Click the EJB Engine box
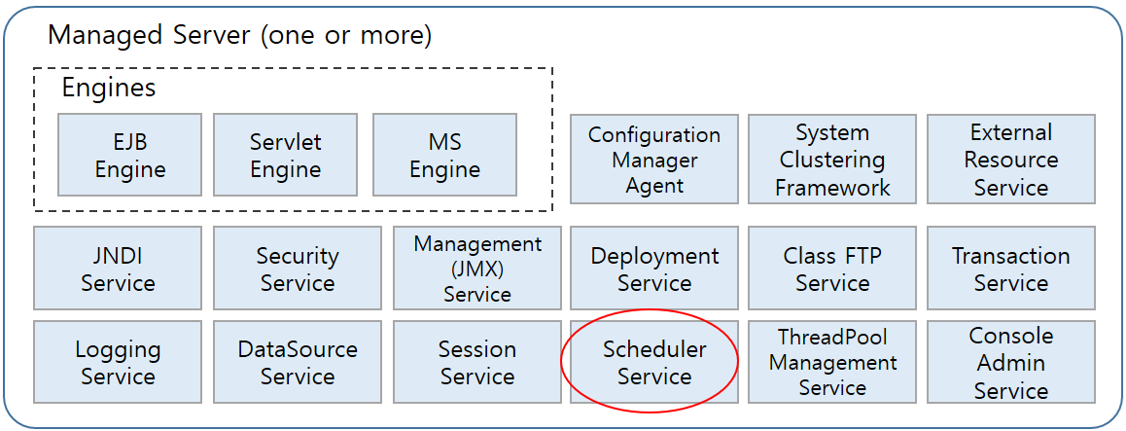(x=130, y=156)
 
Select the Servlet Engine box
(x=285, y=156)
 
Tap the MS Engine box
(x=444, y=156)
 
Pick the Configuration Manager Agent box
(x=653, y=160)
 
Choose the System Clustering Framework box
(x=831, y=160)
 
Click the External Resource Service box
(x=1010, y=160)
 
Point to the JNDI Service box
(x=118, y=269)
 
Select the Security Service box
(x=297, y=269)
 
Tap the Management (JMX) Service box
(x=476, y=269)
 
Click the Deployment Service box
(x=653, y=269)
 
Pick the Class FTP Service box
(x=831, y=269)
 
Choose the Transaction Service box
(x=1010, y=269)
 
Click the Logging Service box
(x=118, y=362)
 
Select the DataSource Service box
(x=297, y=362)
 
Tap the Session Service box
(x=476, y=362)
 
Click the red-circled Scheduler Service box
(x=653, y=362)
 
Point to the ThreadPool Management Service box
(x=831, y=362)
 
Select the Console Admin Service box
(x=1010, y=362)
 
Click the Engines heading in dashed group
(x=108, y=88)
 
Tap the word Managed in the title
(x=99, y=36)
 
